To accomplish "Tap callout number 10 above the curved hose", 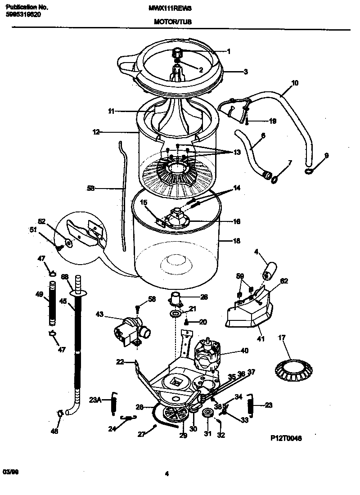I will (x=295, y=83).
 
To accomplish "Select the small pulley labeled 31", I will (x=207, y=414).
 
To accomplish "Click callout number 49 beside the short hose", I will (x=40, y=294).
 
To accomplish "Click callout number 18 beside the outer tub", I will (x=236, y=241).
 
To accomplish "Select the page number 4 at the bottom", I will (x=167, y=473).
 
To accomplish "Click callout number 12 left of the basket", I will (x=96, y=132).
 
